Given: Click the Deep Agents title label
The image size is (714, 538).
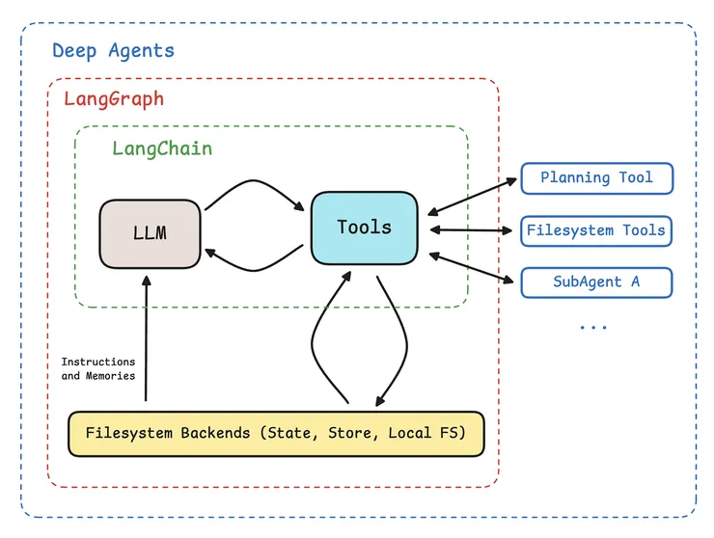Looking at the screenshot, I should pos(113,51).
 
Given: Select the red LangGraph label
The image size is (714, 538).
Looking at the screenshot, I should pos(114,98).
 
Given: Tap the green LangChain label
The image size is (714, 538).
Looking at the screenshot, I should pos(162,148).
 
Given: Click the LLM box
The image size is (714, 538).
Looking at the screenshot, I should pos(150,234).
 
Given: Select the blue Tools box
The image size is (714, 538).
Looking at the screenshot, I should pos(364,229).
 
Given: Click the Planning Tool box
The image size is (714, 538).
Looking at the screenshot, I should pos(596,177).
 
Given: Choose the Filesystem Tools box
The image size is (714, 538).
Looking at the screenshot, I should pos(596,230).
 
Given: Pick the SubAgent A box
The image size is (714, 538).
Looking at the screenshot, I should pos(596,282).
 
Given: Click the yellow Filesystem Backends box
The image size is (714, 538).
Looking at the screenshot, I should pos(275,433).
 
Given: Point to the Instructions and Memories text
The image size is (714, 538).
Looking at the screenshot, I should pos(98,368).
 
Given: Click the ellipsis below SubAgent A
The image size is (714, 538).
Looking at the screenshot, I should pos(593,328).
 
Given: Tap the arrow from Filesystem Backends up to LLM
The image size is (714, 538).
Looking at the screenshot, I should pos(146,337).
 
